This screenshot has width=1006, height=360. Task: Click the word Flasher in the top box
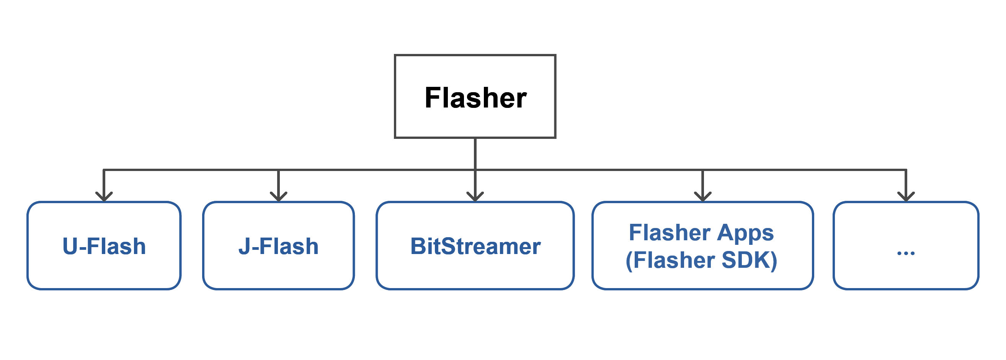[475, 98]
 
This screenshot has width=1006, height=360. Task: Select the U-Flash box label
[104, 246]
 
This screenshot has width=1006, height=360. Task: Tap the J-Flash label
[278, 246]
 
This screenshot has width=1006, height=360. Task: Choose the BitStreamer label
[475, 246]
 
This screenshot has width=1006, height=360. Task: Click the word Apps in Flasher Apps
[745, 233]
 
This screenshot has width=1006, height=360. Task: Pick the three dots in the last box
[906, 253]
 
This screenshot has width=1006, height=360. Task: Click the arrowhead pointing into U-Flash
[104, 196]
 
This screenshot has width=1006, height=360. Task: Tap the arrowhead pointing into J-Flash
[278, 196]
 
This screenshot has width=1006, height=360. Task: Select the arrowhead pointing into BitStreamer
[475, 196]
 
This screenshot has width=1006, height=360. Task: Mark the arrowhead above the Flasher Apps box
[702, 196]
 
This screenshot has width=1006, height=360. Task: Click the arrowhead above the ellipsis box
[906, 196]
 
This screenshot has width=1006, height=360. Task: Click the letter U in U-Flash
[70, 246]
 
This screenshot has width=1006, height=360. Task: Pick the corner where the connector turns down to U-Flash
[103, 170]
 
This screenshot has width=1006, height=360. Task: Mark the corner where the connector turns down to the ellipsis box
[906, 170]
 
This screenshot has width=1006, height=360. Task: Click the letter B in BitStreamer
[419, 246]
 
